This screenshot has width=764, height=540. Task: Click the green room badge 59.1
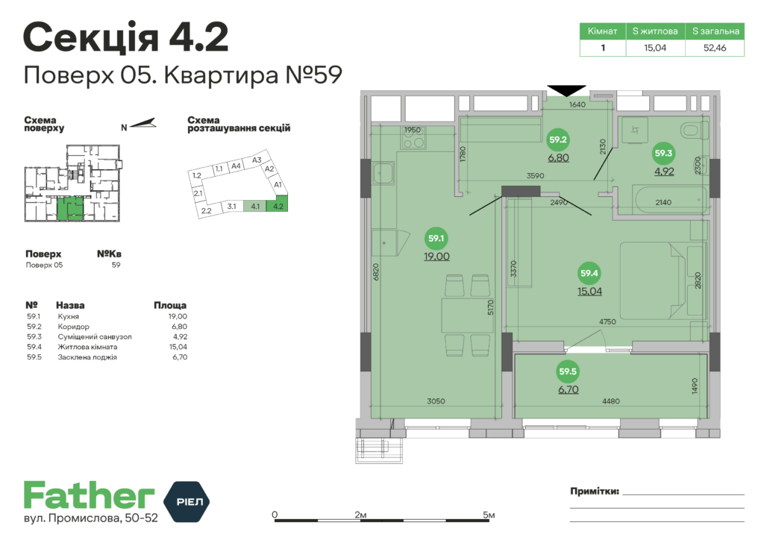click(436, 239)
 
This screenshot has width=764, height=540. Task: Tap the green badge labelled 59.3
click(663, 154)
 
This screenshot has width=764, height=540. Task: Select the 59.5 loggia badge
click(569, 371)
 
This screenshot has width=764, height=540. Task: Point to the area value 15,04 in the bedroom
click(589, 291)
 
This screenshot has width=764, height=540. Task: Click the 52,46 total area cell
click(714, 48)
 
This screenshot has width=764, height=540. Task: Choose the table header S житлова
click(655, 32)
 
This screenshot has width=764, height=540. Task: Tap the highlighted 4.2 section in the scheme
click(279, 206)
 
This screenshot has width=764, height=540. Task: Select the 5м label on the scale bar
click(488, 515)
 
